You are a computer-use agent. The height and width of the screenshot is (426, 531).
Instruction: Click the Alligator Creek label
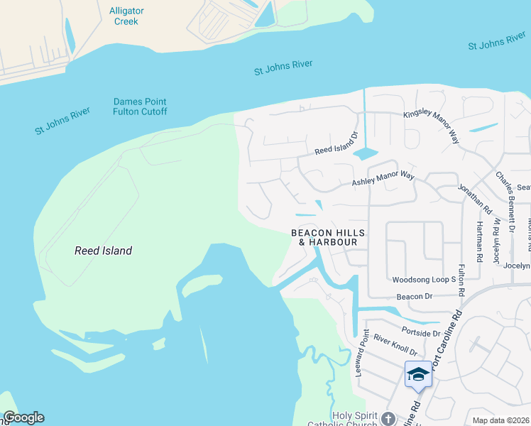point(126,16)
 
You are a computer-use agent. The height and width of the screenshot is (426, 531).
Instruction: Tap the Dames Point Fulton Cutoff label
point(140,106)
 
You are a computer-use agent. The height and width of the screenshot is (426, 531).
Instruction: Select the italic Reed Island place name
point(104,251)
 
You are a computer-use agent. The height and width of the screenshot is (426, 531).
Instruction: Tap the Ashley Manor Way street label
point(383,179)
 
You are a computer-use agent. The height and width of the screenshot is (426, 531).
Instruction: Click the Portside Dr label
point(420,332)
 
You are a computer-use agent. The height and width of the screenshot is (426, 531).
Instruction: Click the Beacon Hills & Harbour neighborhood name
point(327,237)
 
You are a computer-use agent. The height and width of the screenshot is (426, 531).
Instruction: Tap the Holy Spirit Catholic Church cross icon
point(388,417)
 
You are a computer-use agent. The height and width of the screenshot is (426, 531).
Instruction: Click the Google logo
point(23,417)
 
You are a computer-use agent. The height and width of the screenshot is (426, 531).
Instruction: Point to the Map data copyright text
point(500,420)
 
